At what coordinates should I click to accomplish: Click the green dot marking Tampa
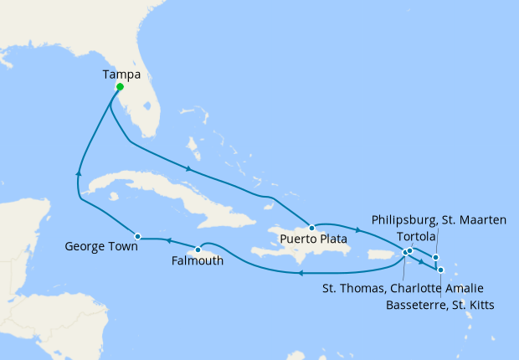(120, 87)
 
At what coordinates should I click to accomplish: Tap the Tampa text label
(121, 75)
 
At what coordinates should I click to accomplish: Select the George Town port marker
(137, 236)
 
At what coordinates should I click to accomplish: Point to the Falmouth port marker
(198, 249)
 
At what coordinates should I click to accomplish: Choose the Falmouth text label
(197, 261)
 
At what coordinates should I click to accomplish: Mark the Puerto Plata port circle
(311, 227)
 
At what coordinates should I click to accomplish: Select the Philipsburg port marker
(435, 257)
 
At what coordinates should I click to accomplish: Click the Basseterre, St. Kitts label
(439, 306)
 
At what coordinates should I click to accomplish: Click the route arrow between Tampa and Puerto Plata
(189, 170)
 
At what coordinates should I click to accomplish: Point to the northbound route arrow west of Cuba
(79, 172)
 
